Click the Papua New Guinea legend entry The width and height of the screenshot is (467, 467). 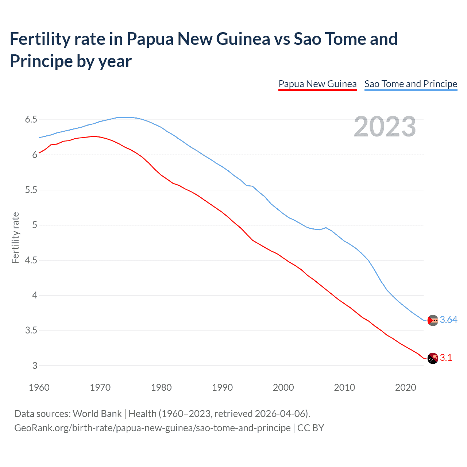point(317,84)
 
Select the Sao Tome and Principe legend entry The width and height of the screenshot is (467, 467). point(411,84)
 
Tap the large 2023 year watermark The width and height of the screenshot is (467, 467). point(385,127)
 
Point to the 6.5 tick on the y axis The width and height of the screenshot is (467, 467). point(31,120)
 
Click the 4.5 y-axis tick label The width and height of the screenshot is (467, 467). point(31,260)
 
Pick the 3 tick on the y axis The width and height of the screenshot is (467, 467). point(35,366)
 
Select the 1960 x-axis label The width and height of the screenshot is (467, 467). point(39,387)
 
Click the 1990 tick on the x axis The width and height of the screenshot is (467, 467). point(222,387)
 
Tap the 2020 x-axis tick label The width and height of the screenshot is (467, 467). point(405,387)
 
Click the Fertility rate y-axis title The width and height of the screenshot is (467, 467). point(15,238)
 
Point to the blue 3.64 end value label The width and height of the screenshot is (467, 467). point(448,320)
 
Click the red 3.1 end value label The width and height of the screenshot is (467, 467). point(446,358)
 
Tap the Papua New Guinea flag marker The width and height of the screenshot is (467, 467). point(433,358)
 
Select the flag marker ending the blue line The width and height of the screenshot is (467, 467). point(433,320)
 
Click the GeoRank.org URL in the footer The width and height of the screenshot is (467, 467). point(153,428)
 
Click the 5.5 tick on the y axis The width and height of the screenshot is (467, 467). point(31,190)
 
